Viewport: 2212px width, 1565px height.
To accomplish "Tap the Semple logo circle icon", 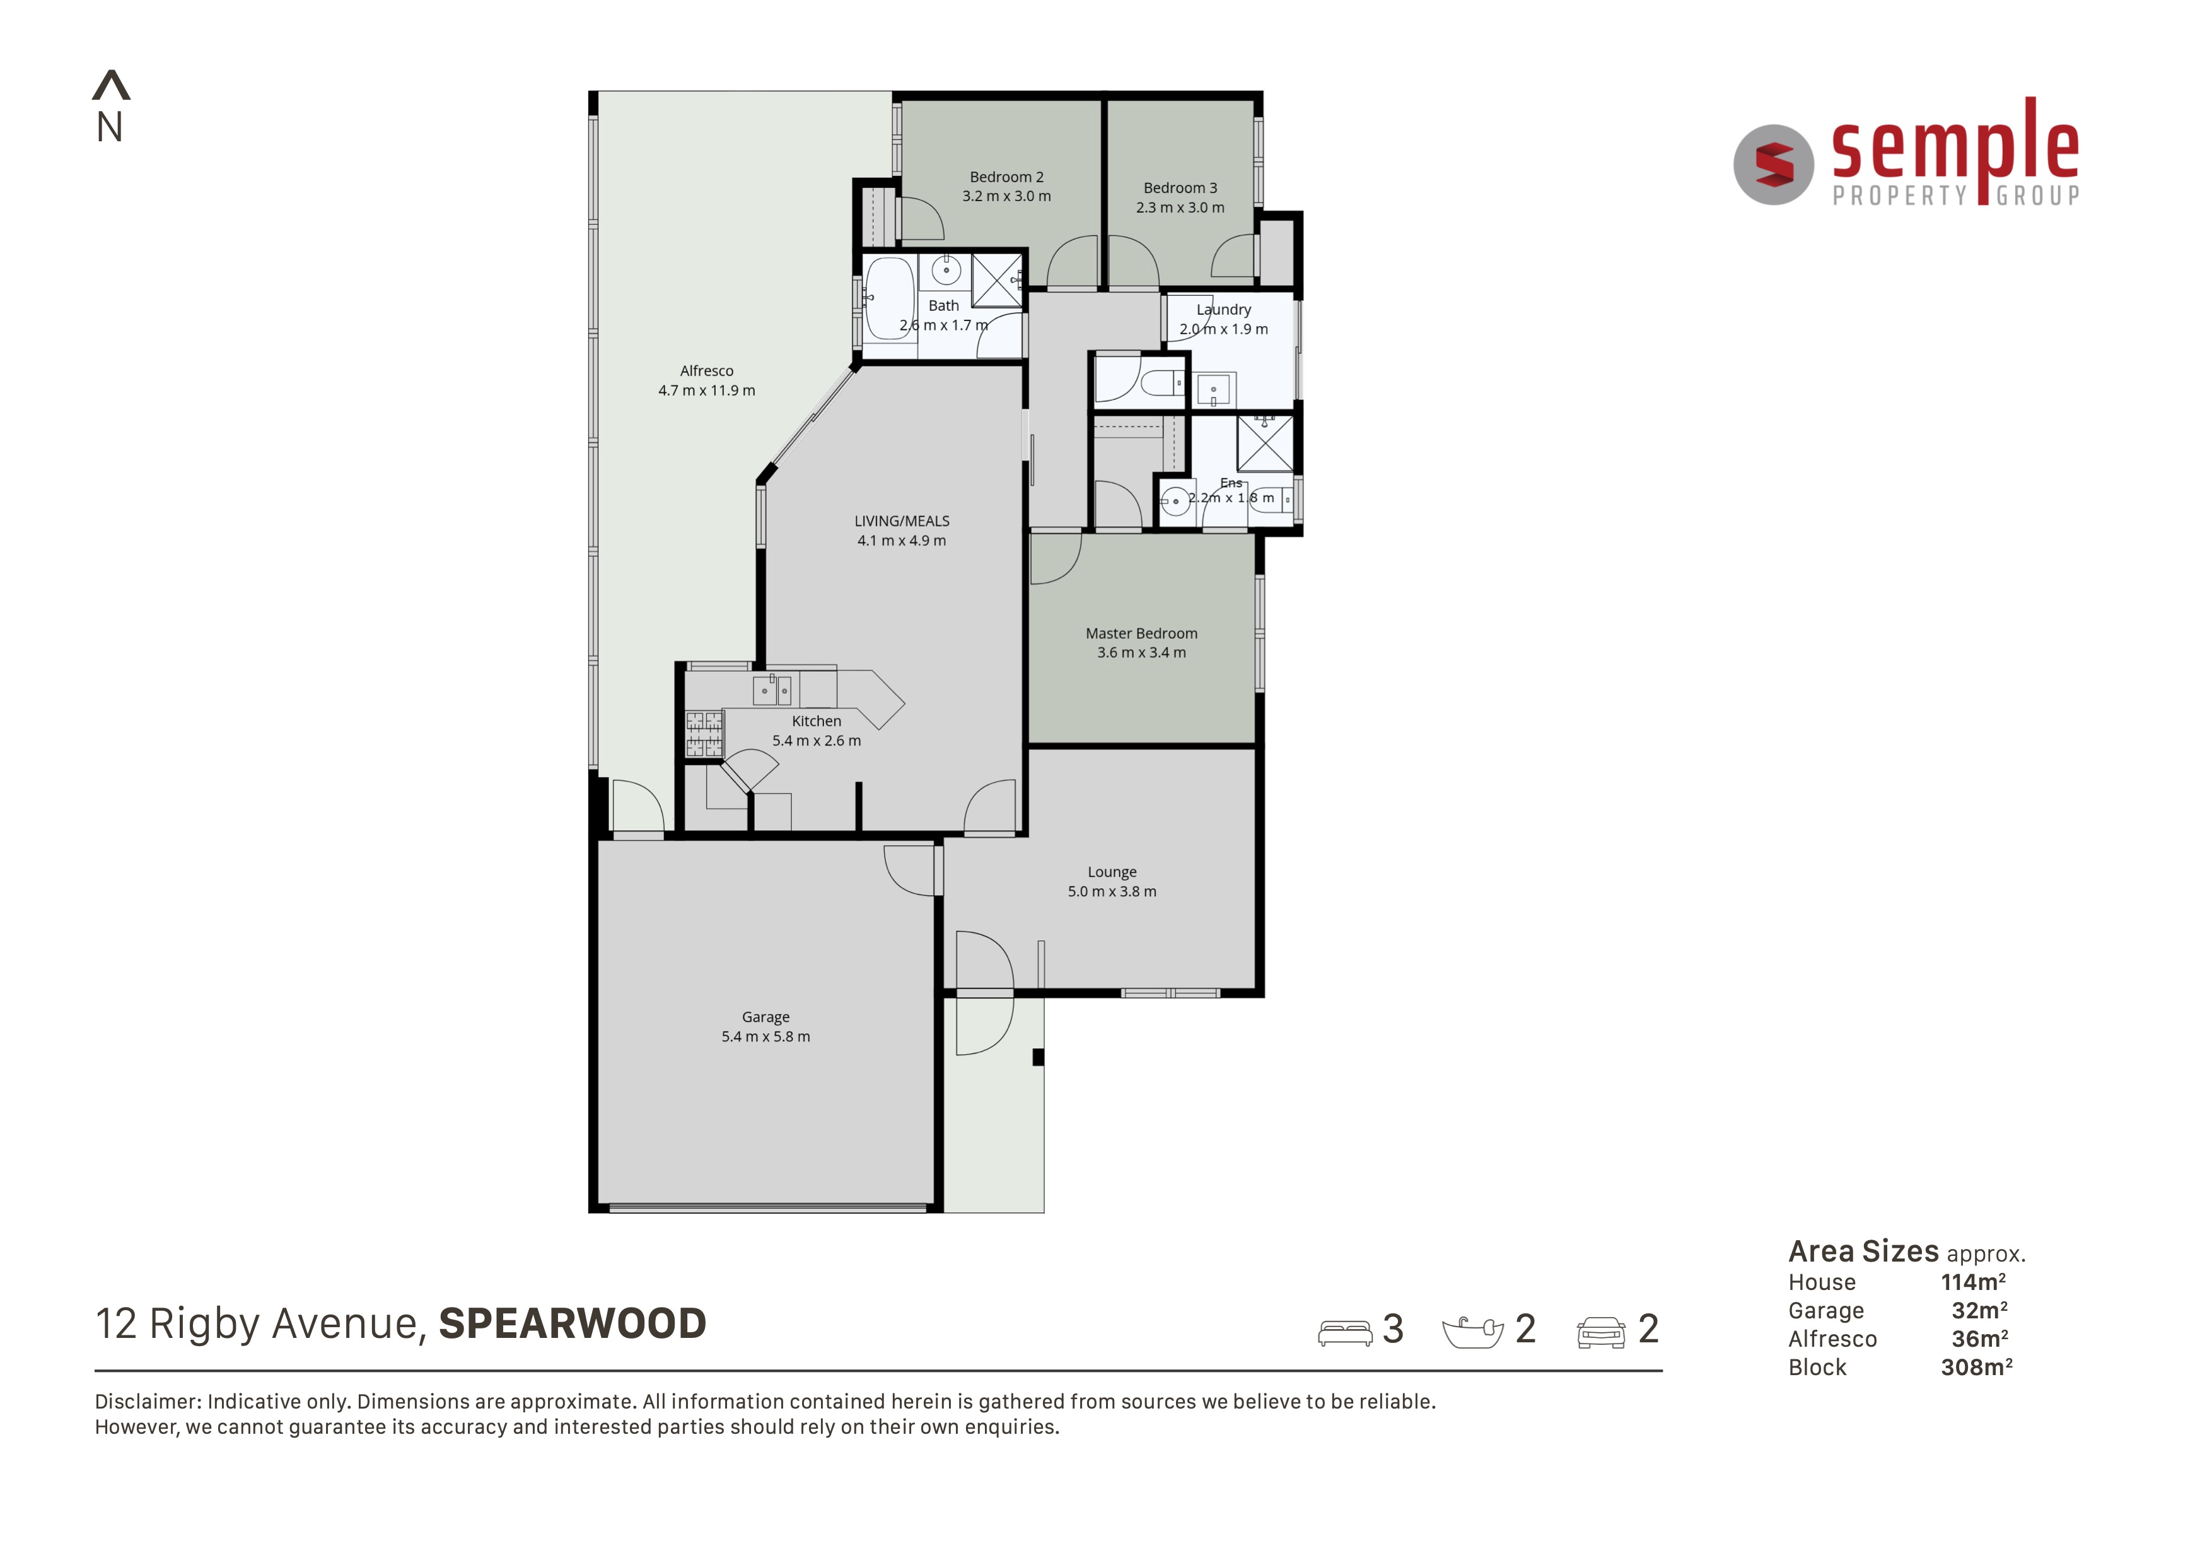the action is (1774, 165).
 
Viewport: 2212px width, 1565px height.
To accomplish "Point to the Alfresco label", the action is (707, 371).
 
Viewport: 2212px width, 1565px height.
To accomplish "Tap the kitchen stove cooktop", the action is (704, 734).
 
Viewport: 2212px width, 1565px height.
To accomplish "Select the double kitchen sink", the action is (772, 690).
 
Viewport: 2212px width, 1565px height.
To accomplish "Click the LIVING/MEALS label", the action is (902, 521).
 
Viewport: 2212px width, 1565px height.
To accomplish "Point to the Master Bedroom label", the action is (1142, 634).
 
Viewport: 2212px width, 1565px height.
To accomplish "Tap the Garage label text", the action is (766, 1017).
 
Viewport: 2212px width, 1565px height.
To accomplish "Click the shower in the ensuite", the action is (1265, 443).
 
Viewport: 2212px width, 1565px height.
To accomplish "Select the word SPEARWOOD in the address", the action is (573, 1324).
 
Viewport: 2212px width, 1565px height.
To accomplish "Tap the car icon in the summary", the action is (1601, 1333).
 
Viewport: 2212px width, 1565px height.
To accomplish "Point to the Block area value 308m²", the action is (1977, 1368).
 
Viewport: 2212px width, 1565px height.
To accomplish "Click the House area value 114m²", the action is (1973, 1282).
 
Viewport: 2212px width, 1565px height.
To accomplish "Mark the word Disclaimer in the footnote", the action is (148, 1402).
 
